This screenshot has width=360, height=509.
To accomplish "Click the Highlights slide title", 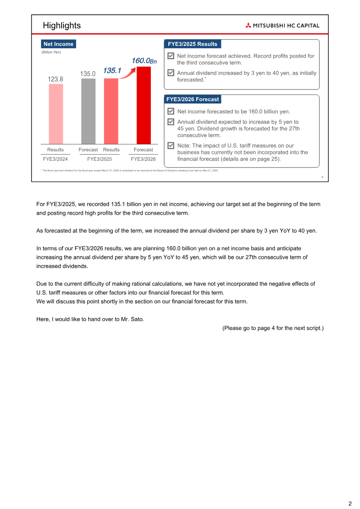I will tap(62, 25).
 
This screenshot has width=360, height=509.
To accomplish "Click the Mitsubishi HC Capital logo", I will tap(282, 26).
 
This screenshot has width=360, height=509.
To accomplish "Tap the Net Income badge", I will tap(58, 44).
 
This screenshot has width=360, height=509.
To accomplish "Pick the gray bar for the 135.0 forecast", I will tap(88, 111).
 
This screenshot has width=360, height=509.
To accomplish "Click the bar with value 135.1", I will tap(111, 111).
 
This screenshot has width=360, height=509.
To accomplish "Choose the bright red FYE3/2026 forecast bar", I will tap(144, 105).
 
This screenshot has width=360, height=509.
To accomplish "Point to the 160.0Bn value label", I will tap(144, 61).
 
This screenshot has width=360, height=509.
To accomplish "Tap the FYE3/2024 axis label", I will tap(55, 159).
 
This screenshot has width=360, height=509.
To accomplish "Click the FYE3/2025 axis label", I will tap(99, 159).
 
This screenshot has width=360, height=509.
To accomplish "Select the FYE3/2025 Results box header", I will tap(193, 44).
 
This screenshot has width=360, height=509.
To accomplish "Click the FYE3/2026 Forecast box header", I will tap(193, 99).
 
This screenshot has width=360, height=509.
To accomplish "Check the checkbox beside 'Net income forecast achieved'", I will tap(171, 56).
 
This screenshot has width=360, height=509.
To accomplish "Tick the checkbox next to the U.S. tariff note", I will tap(171, 146).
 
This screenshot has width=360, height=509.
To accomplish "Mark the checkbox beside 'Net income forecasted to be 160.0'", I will tap(171, 111).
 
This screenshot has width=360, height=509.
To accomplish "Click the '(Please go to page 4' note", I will tap(273, 328).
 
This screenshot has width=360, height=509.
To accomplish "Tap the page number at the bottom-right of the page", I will tap(350, 504).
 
